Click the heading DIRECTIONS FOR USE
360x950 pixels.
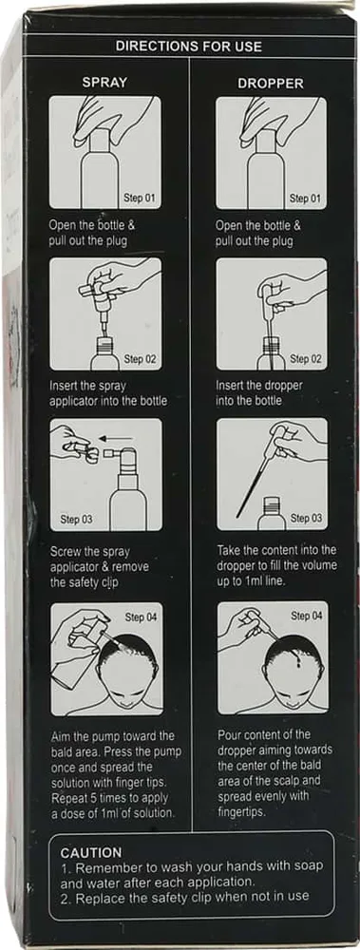(188, 46)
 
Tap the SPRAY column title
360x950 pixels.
(104, 83)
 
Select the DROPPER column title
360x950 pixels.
(271, 84)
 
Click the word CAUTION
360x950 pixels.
(91, 853)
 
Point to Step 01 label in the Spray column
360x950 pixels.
(140, 199)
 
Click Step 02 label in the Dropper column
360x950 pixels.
(306, 359)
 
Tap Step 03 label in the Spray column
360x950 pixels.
(76, 520)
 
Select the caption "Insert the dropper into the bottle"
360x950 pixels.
(259, 392)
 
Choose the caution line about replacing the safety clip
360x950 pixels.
(184, 896)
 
